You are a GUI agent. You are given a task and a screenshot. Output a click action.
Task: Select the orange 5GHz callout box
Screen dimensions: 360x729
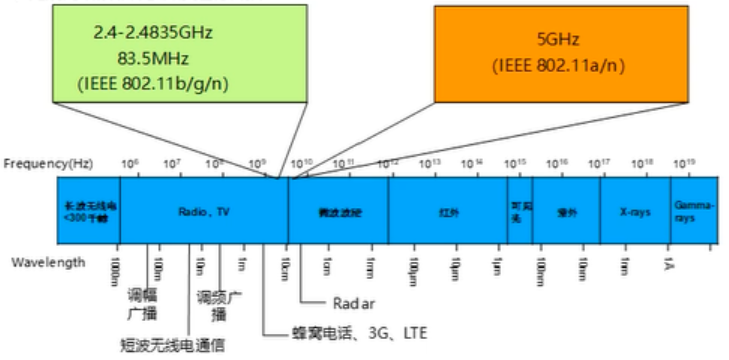(561, 52)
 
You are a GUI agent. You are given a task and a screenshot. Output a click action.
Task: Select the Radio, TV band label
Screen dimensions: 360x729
(204, 212)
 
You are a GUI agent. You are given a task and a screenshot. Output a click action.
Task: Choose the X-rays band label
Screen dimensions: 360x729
(635, 212)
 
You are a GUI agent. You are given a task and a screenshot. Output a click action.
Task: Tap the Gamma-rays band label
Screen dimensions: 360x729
(693, 211)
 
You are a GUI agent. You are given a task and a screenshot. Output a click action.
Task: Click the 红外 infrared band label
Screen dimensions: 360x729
(448, 212)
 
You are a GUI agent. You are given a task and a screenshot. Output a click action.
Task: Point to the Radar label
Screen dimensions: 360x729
(351, 301)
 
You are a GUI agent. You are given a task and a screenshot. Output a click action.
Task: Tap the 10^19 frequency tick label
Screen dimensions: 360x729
(684, 162)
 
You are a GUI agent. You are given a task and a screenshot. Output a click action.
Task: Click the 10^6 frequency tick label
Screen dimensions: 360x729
(129, 162)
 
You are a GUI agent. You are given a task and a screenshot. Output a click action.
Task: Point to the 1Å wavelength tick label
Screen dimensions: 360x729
(669, 263)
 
